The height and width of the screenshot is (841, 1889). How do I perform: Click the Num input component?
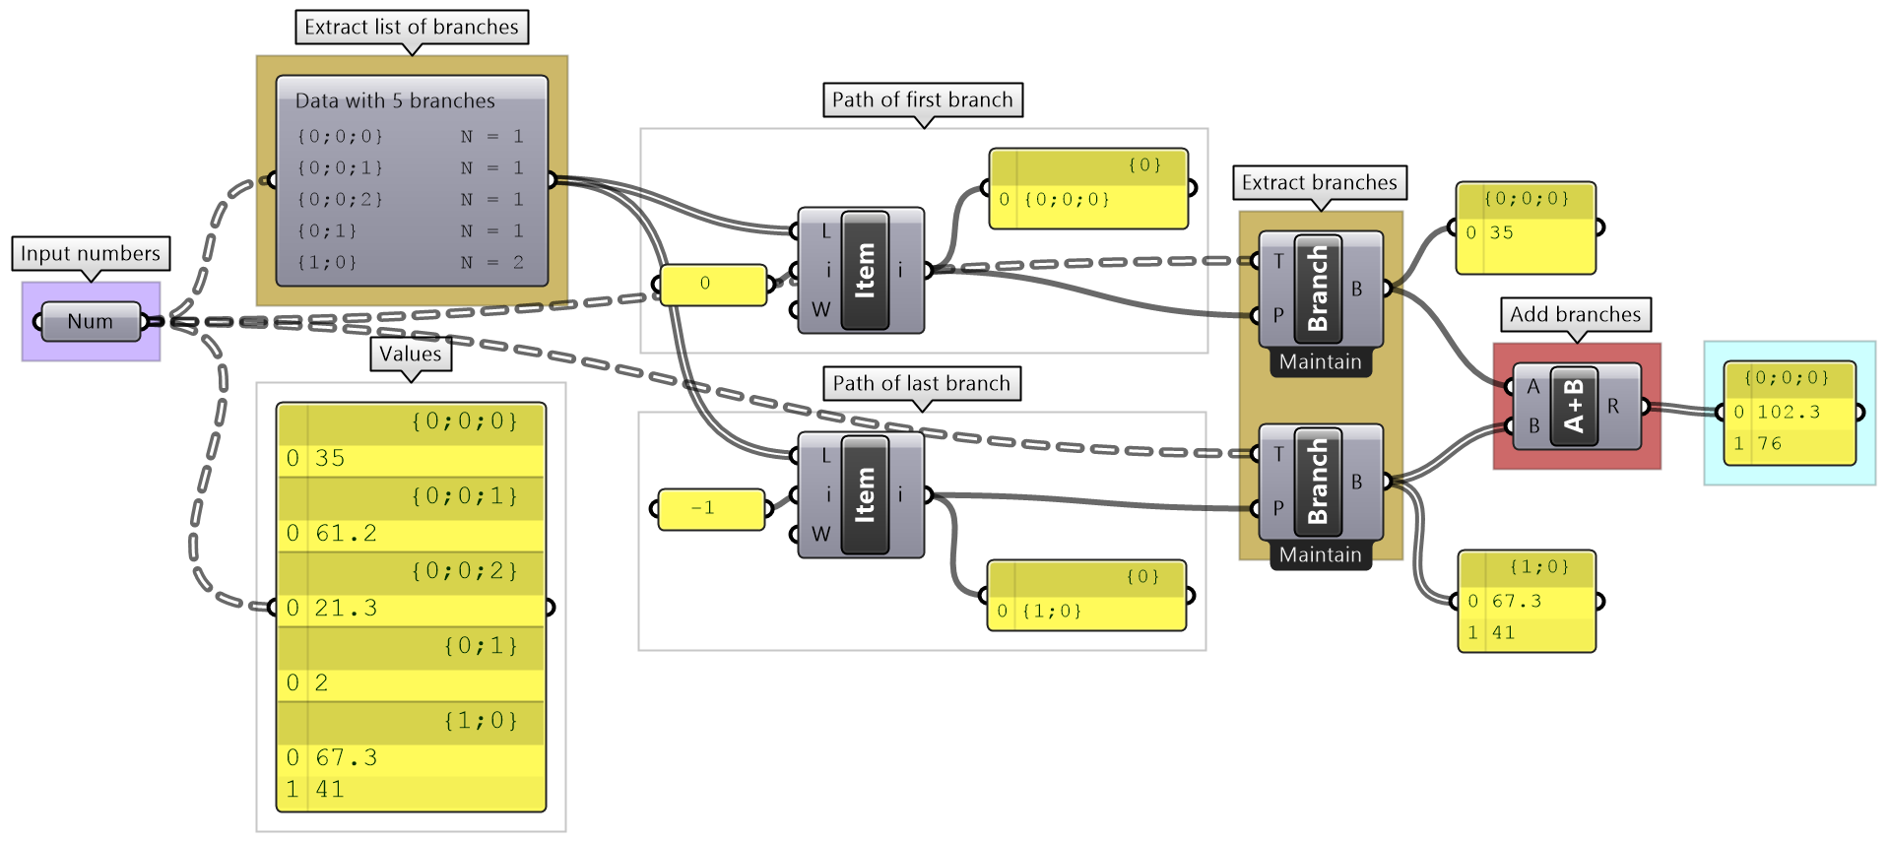[90, 321]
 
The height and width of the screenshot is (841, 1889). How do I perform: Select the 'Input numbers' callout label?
[90, 253]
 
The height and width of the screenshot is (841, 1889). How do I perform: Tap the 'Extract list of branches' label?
[411, 27]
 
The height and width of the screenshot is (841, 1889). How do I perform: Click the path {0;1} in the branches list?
[326, 230]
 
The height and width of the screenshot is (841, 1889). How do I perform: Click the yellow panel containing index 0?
[712, 284]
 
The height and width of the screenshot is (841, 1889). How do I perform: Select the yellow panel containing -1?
[710, 508]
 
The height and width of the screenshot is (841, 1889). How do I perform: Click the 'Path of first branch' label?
[922, 99]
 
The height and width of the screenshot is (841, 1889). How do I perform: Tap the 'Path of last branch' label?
[921, 383]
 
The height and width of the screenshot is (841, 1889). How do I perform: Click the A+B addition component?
[1574, 406]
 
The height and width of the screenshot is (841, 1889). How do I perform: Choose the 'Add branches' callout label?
[1575, 314]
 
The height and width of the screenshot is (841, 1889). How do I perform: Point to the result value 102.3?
[1789, 412]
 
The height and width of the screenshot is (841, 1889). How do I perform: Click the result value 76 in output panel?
[1770, 443]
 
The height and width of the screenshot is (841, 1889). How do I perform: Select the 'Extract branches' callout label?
[1319, 182]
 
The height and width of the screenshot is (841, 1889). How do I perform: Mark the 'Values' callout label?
[411, 354]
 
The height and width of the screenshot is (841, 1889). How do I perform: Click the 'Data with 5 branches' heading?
[395, 100]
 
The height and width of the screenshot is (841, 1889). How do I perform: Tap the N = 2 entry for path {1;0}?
[491, 262]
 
